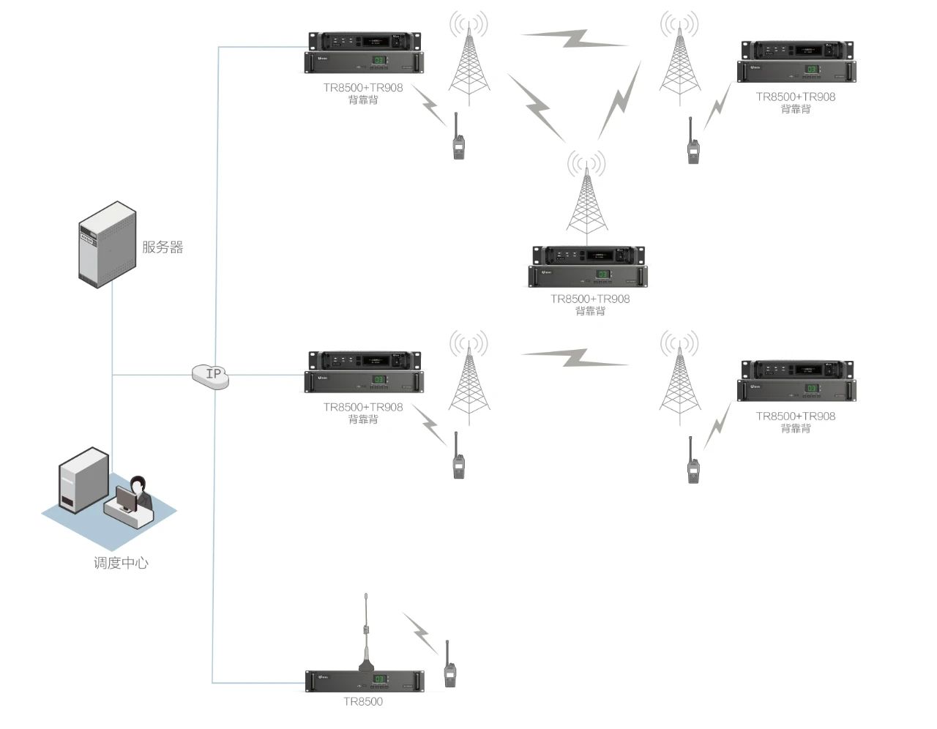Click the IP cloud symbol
coord(211,375)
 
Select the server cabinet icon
coord(108,242)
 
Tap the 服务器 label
coord(163,247)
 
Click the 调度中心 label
coord(121,563)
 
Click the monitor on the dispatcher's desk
coord(127,499)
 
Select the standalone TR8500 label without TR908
coord(363,702)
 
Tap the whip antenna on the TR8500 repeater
coord(366,629)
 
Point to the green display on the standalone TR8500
coord(379,680)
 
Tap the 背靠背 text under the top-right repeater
coord(796,109)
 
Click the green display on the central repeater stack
coord(602,274)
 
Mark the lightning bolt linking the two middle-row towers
coord(575,358)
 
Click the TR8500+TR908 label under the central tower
coord(590,299)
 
